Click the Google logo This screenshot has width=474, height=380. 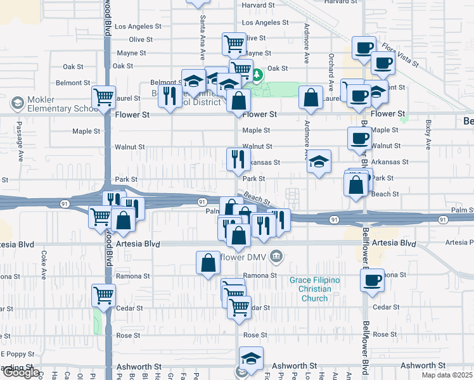(x=20, y=373)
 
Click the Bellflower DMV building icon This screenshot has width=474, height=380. (x=276, y=256)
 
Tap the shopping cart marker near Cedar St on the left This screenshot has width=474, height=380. (x=103, y=294)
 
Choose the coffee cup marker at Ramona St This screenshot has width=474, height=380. (x=372, y=279)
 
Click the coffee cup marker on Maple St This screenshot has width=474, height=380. (x=359, y=137)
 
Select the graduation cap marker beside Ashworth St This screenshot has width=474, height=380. (x=252, y=358)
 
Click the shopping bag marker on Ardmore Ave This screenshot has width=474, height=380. (x=311, y=98)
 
